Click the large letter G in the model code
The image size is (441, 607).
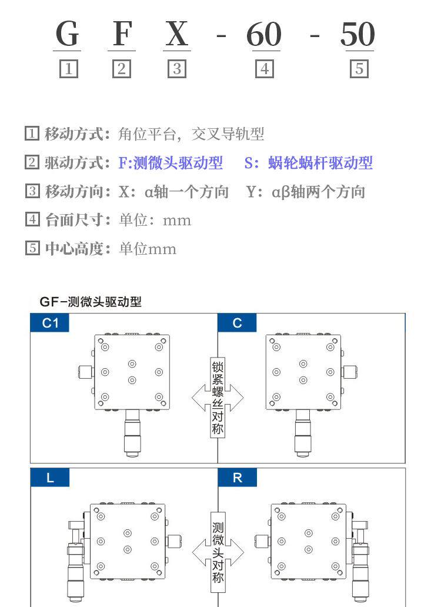[x=68, y=35]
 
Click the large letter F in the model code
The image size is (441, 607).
[x=122, y=35]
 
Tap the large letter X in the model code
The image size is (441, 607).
[x=176, y=35]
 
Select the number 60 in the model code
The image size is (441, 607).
[x=263, y=35]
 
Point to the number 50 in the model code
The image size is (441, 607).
[x=358, y=35]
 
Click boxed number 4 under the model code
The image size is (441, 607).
[x=264, y=69]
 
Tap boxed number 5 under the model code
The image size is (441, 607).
[x=359, y=69]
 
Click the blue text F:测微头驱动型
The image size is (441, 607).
[x=171, y=163]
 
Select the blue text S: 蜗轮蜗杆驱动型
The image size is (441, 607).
[x=309, y=163]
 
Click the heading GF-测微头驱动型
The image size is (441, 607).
[x=91, y=302]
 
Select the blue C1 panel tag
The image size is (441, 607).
[x=50, y=323]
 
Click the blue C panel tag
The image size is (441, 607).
[x=237, y=323]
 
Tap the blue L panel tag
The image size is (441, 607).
[x=50, y=478]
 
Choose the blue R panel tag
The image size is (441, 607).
[x=237, y=478]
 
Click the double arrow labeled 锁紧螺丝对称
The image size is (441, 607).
[x=218, y=398]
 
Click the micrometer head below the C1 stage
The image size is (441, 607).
[x=132, y=435]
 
